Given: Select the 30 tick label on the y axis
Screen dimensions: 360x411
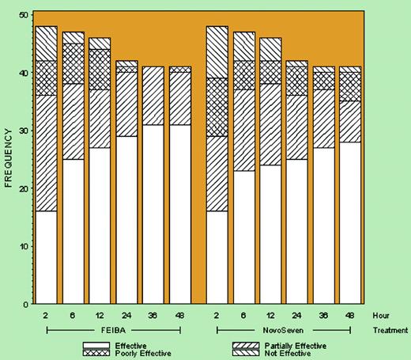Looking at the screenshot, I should pyautogui.click(x=24, y=131).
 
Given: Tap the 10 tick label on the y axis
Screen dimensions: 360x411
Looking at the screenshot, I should pyautogui.click(x=24, y=246).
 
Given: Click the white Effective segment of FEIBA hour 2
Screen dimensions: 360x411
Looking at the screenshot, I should pyautogui.click(x=47, y=257).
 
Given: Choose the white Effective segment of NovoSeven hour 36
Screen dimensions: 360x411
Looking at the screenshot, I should pyautogui.click(x=324, y=225).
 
